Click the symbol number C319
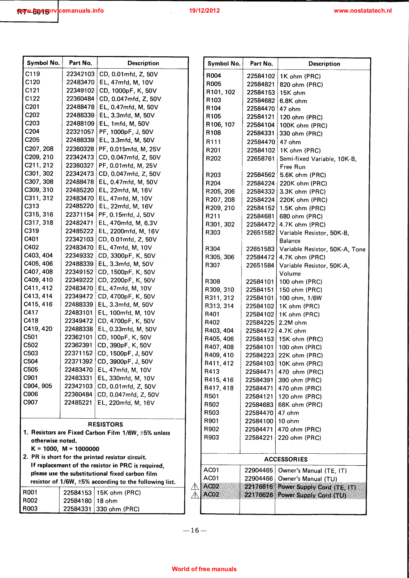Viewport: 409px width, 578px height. [x=31, y=231]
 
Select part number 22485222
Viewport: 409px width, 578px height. [x=79, y=231]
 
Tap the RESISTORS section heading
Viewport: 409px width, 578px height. [x=105, y=424]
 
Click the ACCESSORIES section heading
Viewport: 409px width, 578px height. [x=286, y=459]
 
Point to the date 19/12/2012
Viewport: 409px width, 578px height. [x=204, y=10]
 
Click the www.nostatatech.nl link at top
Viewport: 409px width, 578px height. [x=362, y=10]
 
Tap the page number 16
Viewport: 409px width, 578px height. [x=195, y=530]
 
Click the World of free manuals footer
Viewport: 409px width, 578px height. [x=204, y=569]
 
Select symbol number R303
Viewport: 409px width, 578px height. [x=213, y=233]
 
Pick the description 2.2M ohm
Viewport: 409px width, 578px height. [x=292, y=323]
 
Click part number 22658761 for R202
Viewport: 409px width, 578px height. [x=261, y=159]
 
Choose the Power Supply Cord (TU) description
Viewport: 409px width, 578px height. [x=312, y=495]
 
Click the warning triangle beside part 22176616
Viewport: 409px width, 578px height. [x=195, y=487]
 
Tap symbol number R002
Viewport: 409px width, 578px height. [x=30, y=501]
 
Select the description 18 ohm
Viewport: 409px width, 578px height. [x=107, y=501]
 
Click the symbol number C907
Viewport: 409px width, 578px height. [x=30, y=402]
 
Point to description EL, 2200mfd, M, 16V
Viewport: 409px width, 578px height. [x=129, y=231]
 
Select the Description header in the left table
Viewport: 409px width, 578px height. [x=143, y=63]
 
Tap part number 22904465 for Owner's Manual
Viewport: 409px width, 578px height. [x=259, y=470]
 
